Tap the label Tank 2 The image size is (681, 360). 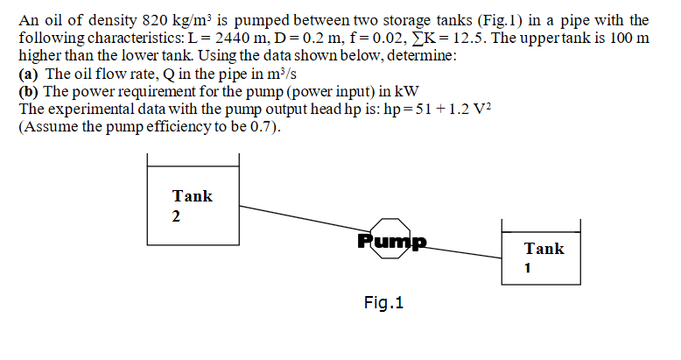pyautogui.click(x=192, y=205)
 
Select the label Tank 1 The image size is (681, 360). pyautogui.click(x=544, y=258)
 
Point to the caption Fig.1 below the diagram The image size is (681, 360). pyautogui.click(x=383, y=304)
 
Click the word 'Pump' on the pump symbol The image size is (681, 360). pyautogui.click(x=390, y=240)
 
